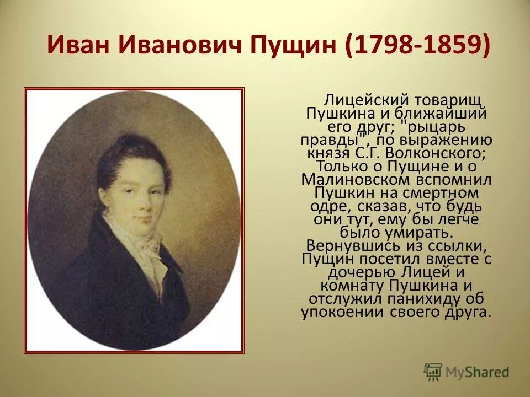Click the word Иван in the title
point(80,44)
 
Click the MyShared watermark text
point(478,372)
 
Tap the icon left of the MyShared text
point(433,371)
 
